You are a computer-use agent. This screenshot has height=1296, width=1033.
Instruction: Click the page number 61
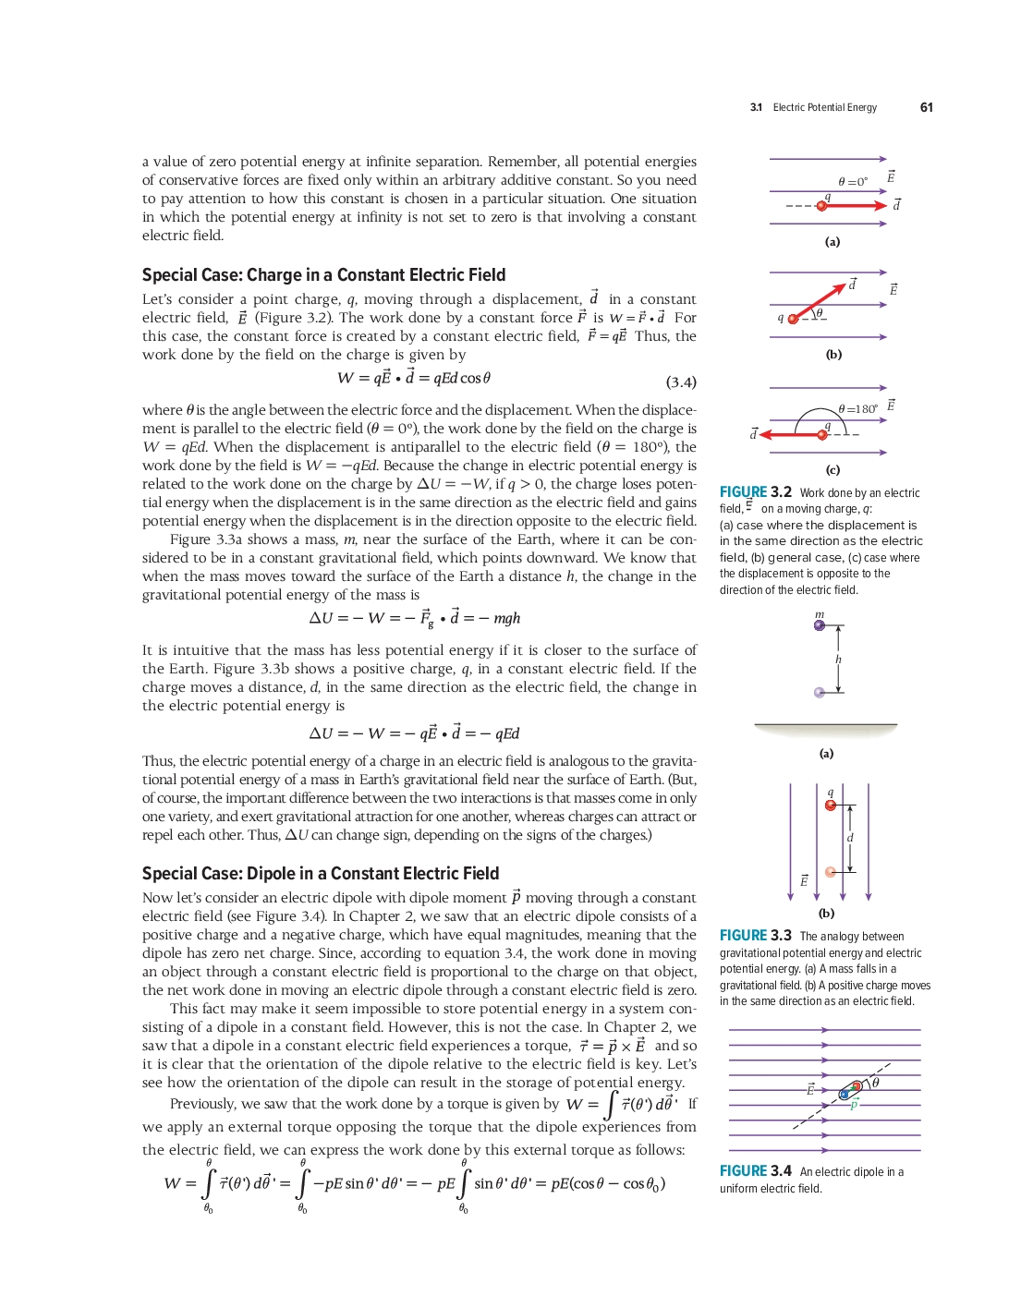point(926,107)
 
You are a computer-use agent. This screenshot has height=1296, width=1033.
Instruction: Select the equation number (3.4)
point(681,382)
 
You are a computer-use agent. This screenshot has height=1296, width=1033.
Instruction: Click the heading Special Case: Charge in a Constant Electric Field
point(323,274)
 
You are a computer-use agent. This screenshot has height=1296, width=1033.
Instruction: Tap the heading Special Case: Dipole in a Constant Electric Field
point(320,873)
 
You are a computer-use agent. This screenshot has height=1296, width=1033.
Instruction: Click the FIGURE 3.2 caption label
point(755,492)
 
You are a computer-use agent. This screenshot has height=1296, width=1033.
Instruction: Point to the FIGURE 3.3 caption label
point(755,936)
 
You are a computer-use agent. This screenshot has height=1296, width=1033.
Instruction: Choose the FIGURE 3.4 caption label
point(755,1171)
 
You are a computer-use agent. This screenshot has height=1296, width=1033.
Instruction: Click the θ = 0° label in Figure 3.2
point(852,182)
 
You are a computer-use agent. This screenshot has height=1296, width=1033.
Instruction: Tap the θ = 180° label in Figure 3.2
point(857,408)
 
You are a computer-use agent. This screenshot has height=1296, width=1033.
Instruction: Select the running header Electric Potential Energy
point(824,107)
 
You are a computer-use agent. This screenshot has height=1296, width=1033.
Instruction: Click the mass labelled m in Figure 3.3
point(820,625)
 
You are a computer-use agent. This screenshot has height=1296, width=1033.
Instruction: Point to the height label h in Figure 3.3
point(838,660)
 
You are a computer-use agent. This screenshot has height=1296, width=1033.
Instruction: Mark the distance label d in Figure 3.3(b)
point(850,838)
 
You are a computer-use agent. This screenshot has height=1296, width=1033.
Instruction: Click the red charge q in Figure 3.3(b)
point(831,805)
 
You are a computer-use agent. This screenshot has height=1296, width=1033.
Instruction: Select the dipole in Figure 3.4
point(850,1090)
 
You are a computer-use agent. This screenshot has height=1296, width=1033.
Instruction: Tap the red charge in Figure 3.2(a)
point(821,205)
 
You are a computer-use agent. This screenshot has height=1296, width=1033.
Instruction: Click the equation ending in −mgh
point(414,618)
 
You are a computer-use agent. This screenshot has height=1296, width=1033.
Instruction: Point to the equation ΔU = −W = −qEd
point(414,733)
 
